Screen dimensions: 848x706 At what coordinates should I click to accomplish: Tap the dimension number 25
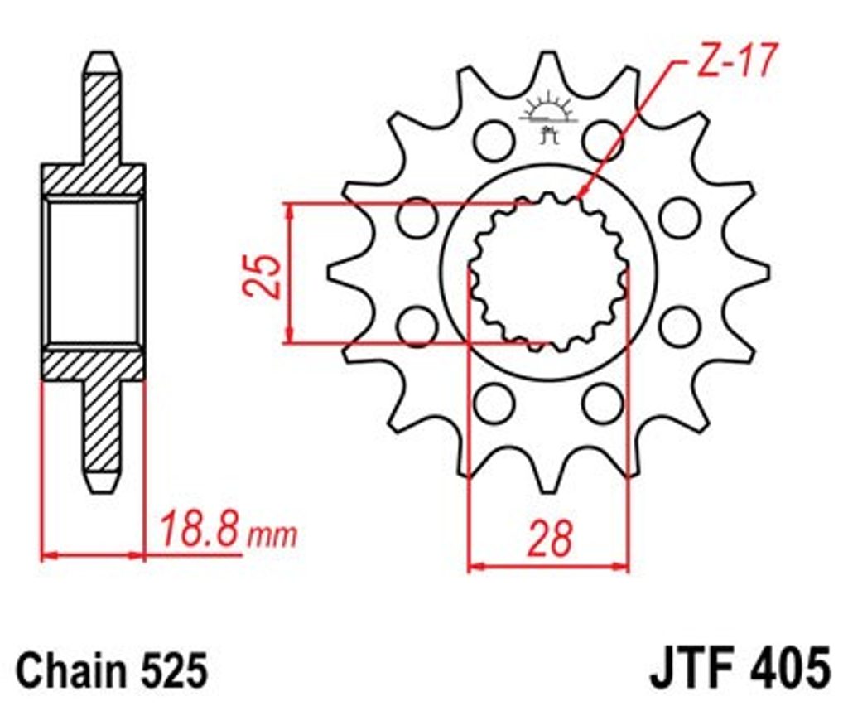point(263,276)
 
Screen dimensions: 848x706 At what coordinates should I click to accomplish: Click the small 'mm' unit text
point(272,535)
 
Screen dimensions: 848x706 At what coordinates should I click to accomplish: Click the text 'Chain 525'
point(112,670)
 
